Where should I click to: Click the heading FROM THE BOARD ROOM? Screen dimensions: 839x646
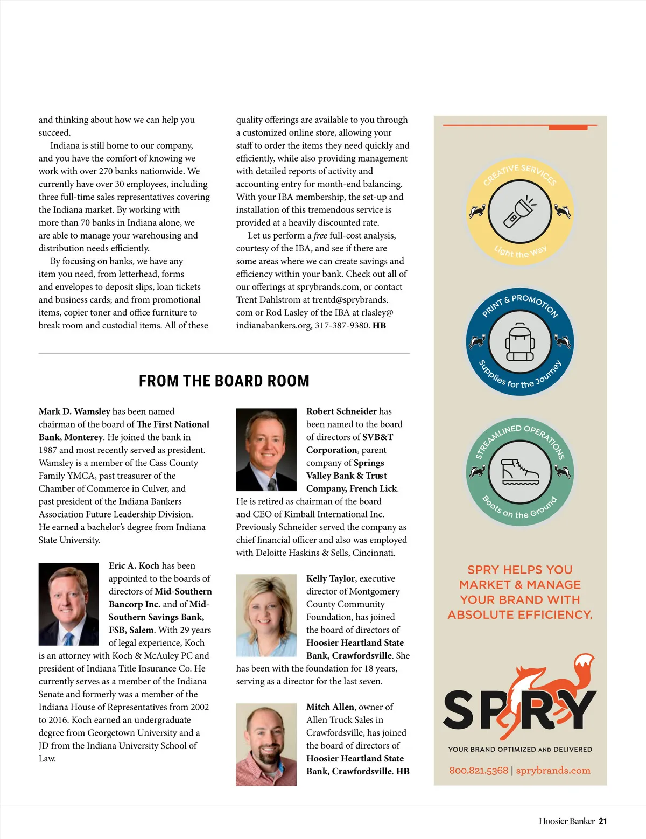click(x=224, y=381)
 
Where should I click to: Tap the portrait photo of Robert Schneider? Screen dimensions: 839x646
click(x=266, y=450)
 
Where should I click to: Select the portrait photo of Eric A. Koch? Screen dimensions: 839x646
click(x=69, y=604)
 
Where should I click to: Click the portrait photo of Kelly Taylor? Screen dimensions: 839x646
click(x=266, y=615)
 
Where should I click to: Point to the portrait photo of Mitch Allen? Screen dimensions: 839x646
click(x=266, y=744)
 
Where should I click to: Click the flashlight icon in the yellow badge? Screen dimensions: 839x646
click(x=519, y=212)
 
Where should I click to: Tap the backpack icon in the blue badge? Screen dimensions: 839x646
click(x=519, y=342)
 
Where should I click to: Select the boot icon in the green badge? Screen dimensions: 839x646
click(x=519, y=472)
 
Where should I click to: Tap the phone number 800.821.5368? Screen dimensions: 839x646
click(x=479, y=771)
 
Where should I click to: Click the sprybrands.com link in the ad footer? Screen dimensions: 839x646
click(x=553, y=771)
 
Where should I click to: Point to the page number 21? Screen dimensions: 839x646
click(x=603, y=821)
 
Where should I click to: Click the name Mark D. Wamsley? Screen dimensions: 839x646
click(x=74, y=411)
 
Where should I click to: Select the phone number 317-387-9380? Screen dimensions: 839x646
click(x=342, y=325)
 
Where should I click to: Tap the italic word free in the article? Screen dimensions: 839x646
click(x=320, y=235)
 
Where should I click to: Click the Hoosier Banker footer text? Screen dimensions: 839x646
click(x=567, y=821)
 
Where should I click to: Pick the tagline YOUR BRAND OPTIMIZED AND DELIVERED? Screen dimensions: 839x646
click(x=520, y=749)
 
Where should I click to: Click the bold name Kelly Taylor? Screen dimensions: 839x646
click(x=331, y=578)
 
